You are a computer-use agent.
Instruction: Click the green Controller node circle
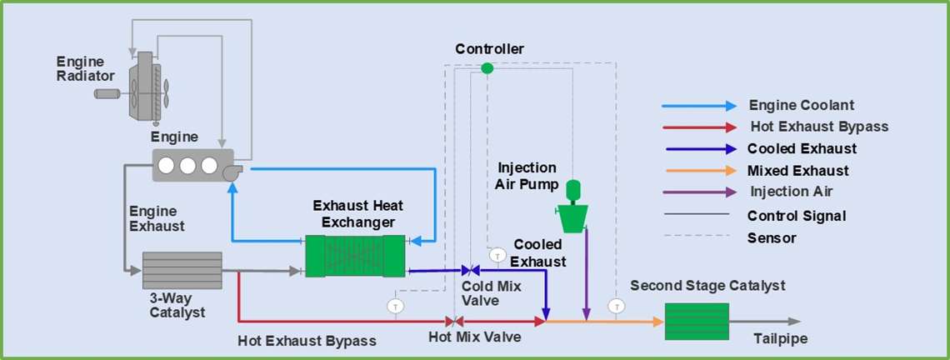pyautogui.click(x=487, y=67)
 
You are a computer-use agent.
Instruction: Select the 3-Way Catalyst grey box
pyautogui.click(x=182, y=270)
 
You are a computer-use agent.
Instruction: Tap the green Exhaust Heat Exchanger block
pyautogui.click(x=354, y=255)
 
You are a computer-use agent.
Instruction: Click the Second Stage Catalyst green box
pyautogui.click(x=697, y=322)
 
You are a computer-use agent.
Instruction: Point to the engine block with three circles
pyautogui.click(x=191, y=165)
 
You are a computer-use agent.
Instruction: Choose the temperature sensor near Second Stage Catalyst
pyautogui.click(x=616, y=305)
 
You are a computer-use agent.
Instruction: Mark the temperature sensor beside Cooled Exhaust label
pyautogui.click(x=497, y=255)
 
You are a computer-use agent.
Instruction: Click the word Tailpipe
pyautogui.click(x=780, y=338)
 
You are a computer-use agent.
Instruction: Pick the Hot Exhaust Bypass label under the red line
pyautogui.click(x=307, y=340)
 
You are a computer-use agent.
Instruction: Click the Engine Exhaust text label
pyautogui.click(x=157, y=218)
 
